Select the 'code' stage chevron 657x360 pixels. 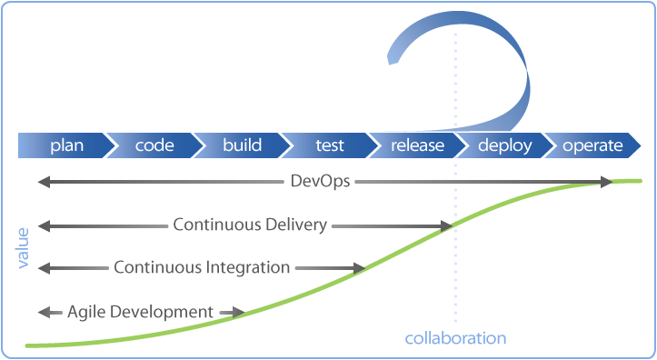pyautogui.click(x=154, y=145)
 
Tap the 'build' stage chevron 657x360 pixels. pyautogui.click(x=242, y=145)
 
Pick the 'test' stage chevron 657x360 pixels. pyautogui.click(x=329, y=145)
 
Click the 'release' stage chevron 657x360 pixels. pyautogui.click(x=417, y=145)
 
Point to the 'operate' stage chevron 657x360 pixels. pyautogui.click(x=592, y=145)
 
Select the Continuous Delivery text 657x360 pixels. pyautogui.click(x=250, y=225)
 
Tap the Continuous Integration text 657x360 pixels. pyautogui.click(x=202, y=268)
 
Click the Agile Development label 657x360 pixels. pyautogui.click(x=140, y=312)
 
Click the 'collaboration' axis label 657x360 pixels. pyautogui.click(x=455, y=338)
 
